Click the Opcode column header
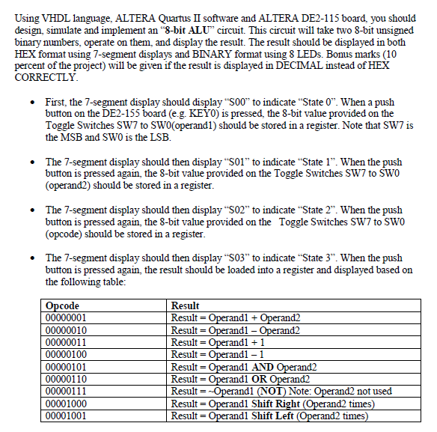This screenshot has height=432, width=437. tap(62, 306)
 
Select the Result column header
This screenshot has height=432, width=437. tap(185, 306)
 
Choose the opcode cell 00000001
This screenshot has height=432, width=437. tap(67, 317)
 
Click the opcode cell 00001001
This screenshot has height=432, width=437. tap(67, 416)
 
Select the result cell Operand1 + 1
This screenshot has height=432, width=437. tap(216, 342)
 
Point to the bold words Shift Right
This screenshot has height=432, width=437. tap(278, 404)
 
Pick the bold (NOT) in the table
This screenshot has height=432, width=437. tap(272, 391)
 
